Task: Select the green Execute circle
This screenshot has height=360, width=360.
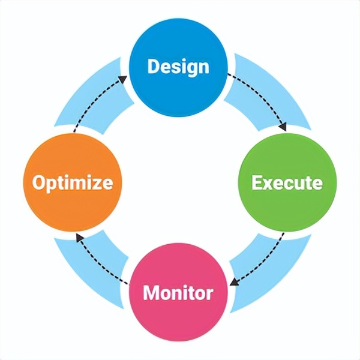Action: pos(287,182)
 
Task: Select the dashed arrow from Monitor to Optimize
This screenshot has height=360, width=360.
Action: pos(99,261)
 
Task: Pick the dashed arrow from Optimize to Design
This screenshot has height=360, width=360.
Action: pos(96,99)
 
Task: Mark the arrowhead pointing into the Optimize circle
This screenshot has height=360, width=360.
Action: pos(78,236)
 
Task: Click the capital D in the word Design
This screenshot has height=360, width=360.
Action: pos(154,65)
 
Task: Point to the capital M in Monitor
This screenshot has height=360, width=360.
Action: pos(152,293)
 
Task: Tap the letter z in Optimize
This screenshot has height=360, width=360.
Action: pos(93,182)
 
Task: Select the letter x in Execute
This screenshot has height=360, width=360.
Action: pos(266,182)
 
